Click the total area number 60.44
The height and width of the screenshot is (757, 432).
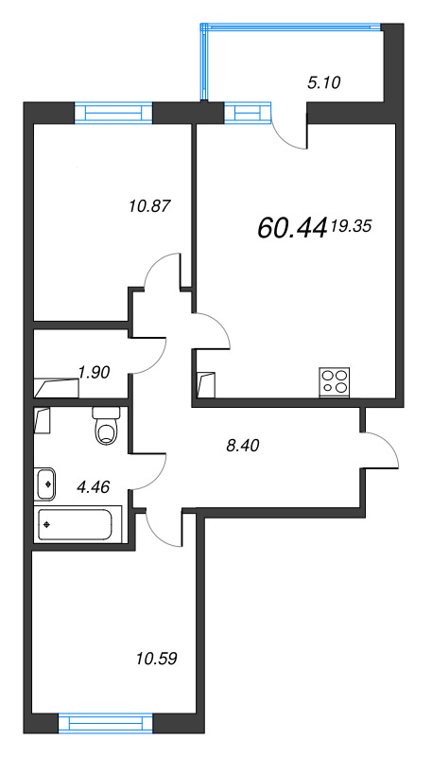coord(291,227)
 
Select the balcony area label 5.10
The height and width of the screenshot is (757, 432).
coord(323,81)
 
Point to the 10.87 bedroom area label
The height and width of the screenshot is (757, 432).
coord(149,203)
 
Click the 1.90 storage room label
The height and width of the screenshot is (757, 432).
coord(95,372)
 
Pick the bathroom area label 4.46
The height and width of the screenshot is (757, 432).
coord(93,487)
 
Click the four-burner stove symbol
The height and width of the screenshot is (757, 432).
coord(335,381)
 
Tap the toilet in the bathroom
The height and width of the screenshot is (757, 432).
coord(105,428)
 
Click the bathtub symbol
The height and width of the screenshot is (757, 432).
coord(79,523)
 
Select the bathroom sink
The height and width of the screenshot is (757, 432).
coord(47,483)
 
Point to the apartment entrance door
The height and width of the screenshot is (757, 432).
coord(380,450)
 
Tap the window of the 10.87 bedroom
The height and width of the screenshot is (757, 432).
coord(112,114)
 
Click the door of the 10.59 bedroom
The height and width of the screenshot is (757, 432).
coord(162,525)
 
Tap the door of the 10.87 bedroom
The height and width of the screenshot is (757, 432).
coord(162,274)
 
